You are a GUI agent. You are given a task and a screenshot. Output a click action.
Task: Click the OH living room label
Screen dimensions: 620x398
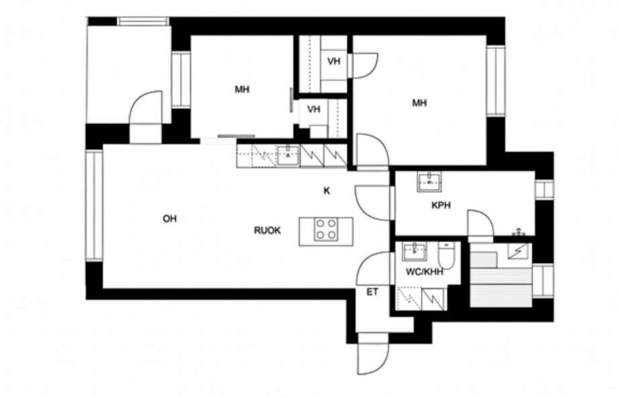tap(170, 218)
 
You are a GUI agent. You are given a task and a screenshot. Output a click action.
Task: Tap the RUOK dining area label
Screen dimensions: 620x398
tap(267, 230)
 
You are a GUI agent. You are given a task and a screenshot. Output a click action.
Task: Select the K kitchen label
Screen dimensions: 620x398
tap(327, 191)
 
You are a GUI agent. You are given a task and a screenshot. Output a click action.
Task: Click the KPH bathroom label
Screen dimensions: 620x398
tap(441, 205)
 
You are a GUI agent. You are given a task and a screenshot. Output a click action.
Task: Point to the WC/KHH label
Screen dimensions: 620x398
tap(424, 272)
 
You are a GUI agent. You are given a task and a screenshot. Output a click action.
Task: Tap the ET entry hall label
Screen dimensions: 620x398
tap(372, 292)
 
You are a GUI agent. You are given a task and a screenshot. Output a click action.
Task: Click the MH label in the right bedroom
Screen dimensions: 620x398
tap(419, 103)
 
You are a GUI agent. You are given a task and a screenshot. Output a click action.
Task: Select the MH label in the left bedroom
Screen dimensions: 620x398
tap(242, 90)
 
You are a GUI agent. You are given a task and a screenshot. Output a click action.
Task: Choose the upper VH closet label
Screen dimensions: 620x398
tap(334, 61)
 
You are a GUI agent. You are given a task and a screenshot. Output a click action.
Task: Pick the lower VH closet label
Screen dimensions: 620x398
tap(313, 109)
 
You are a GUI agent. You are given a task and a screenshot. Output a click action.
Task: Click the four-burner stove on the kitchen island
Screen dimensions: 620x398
tap(326, 229)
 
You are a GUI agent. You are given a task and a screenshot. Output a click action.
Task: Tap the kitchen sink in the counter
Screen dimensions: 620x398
tap(288, 155)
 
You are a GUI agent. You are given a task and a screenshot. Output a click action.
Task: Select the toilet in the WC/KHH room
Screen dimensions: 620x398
tap(446, 255)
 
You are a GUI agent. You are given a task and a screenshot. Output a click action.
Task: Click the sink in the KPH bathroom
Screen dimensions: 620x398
tap(429, 182)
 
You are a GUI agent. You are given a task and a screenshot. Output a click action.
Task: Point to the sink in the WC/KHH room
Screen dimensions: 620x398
tap(415, 251)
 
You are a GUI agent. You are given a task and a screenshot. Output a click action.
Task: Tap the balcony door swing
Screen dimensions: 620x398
tap(146, 107)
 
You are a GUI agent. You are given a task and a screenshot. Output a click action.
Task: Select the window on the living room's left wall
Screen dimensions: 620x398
tap(94, 205)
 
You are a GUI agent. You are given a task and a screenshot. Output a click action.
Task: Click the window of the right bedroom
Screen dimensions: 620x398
tap(496, 80)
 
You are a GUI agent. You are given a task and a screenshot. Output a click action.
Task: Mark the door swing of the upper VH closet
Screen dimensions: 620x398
tap(365, 66)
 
